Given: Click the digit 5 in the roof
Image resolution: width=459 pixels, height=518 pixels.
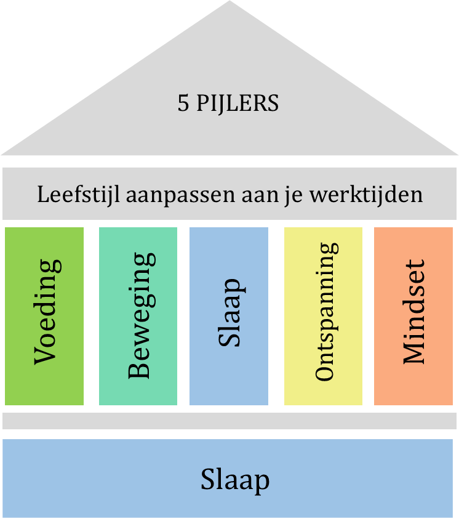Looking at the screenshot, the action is click(183, 103).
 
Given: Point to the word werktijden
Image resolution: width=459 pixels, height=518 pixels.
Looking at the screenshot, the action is click(366, 194).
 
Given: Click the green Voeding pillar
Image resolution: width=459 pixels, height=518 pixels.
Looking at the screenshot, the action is click(44, 316).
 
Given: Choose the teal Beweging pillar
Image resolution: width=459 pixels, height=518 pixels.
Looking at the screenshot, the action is click(138, 316).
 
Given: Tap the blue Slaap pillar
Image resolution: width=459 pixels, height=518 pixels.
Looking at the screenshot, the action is click(229, 316).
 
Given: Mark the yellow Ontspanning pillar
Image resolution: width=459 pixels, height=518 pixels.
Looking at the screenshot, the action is click(323, 316).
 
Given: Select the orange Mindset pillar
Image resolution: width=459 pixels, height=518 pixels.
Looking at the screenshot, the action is click(413, 316).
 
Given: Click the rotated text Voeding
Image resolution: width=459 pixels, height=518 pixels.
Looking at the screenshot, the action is click(47, 312).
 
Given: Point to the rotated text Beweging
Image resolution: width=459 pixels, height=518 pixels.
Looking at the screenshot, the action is click(142, 315).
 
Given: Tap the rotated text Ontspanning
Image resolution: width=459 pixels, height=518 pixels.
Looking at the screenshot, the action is click(327, 312).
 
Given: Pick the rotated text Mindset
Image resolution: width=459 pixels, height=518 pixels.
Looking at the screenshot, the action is click(414, 312).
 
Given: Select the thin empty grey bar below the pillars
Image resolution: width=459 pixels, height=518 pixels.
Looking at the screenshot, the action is click(229, 421).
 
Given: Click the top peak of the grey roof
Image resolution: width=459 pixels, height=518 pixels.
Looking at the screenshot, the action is click(229, 1).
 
